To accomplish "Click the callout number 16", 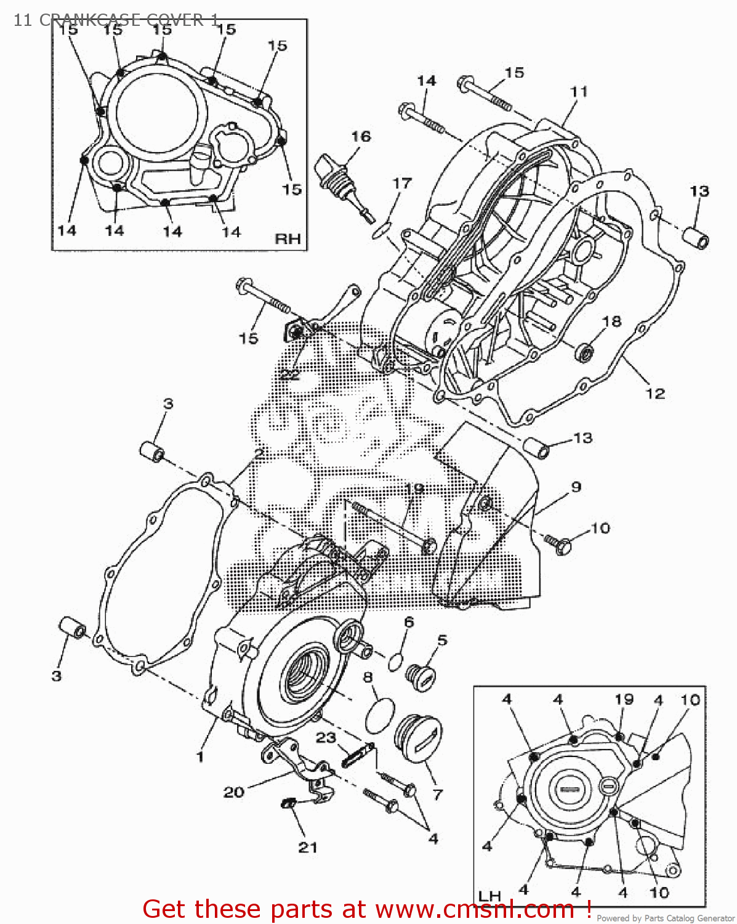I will click(x=361, y=136).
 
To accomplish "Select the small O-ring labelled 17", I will click(x=381, y=229).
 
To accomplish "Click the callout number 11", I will click(x=579, y=91).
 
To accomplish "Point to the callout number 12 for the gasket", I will click(x=655, y=393).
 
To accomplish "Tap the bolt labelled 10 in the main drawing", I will click(x=560, y=545).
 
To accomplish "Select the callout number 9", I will click(x=576, y=487).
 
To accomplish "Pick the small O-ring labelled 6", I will click(x=395, y=662).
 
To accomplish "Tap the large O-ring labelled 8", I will click(x=380, y=716).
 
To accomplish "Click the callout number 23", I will click(x=326, y=737).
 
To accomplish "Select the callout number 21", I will click(x=308, y=847).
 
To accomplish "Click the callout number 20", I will click(x=233, y=792).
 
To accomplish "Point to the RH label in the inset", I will click(x=288, y=238).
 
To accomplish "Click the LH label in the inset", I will click(x=489, y=896).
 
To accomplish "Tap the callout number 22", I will click(x=289, y=374).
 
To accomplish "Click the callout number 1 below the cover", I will click(x=199, y=756).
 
